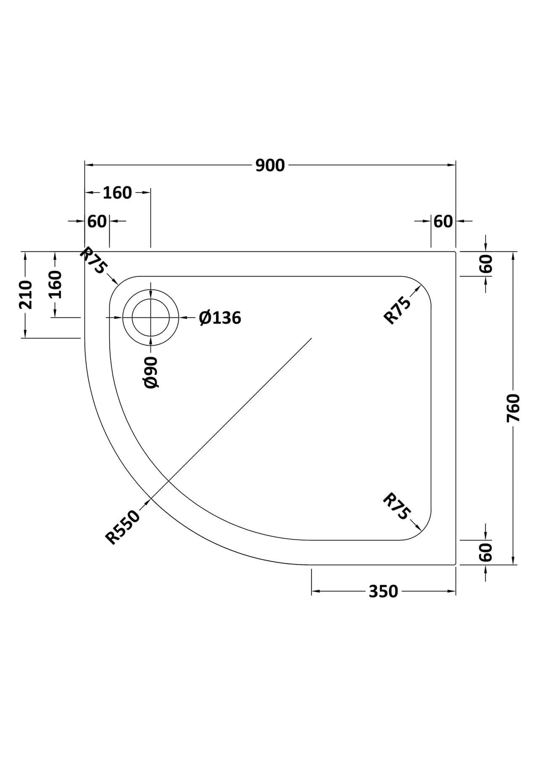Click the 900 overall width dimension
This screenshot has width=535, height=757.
click(270, 165)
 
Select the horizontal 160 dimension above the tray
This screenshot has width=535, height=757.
click(117, 193)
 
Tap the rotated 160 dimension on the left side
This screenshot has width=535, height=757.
click(56, 284)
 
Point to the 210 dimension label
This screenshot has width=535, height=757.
click(26, 294)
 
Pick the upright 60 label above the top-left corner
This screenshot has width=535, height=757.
click(97, 221)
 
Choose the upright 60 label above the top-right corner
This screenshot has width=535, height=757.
click(443, 221)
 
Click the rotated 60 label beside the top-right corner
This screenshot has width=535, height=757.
click(486, 264)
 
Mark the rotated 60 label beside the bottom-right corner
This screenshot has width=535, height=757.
click(486, 552)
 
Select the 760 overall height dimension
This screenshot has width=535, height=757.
click(513, 408)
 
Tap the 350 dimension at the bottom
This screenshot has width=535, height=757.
click(383, 591)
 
